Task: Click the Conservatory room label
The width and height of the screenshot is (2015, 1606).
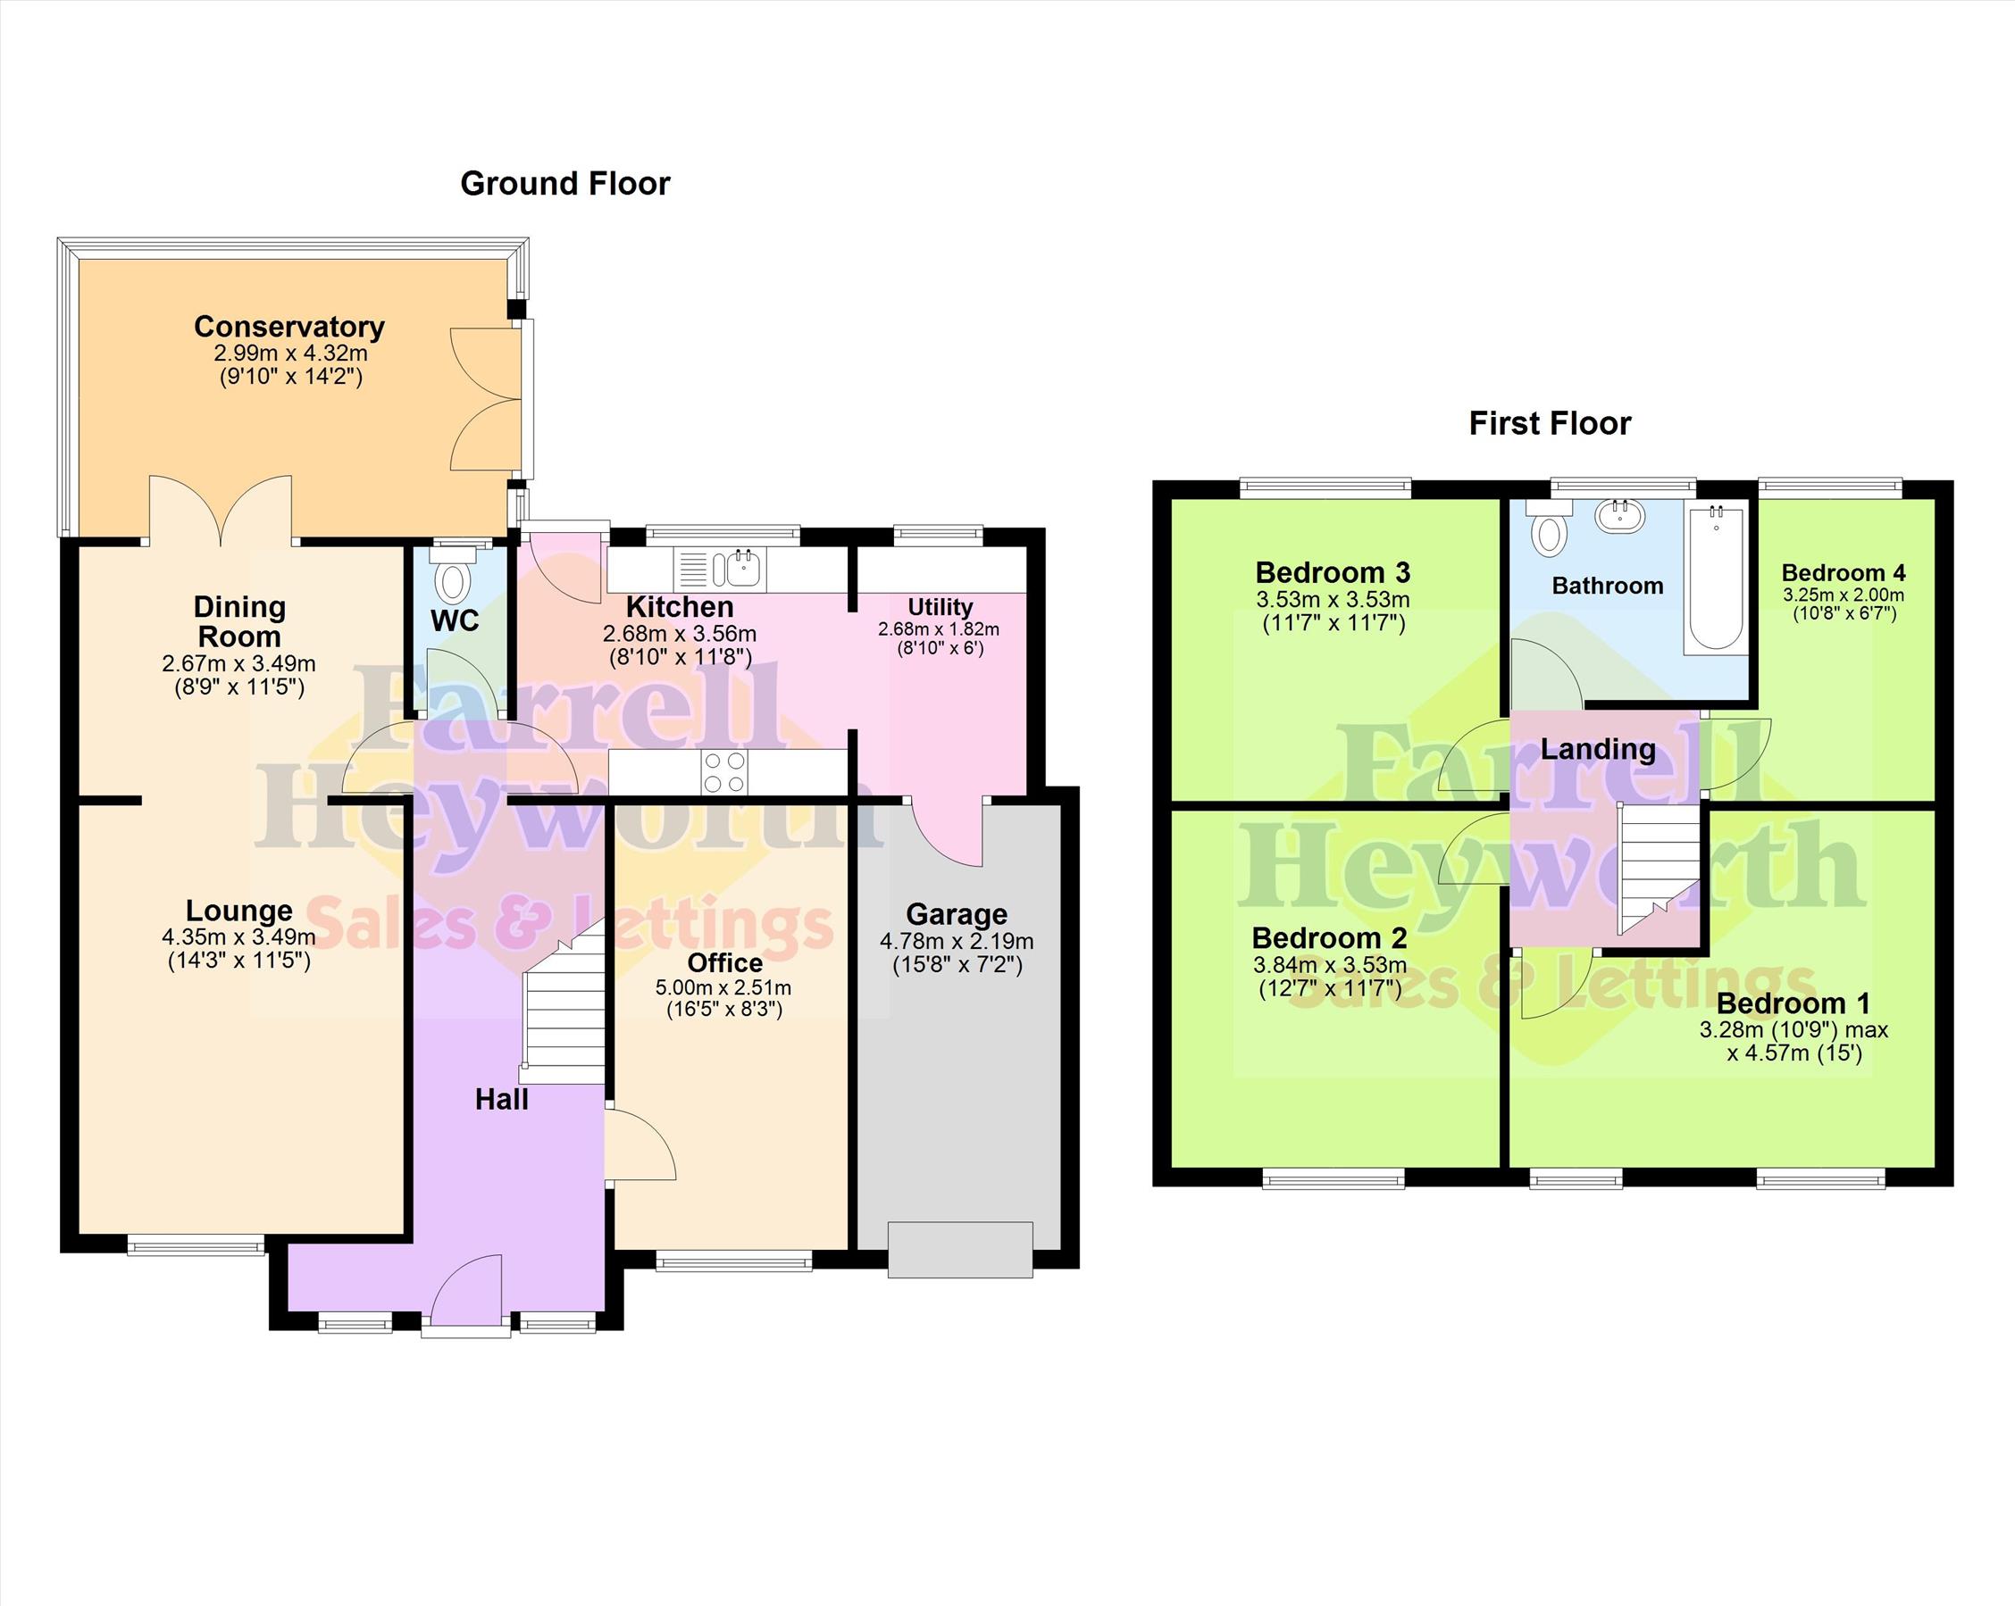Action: coord(288,327)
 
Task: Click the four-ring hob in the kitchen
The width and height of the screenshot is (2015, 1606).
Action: coord(724,772)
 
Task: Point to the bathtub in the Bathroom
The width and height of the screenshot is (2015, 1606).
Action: coord(1716,578)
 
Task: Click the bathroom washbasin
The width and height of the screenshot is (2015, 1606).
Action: coord(1620,515)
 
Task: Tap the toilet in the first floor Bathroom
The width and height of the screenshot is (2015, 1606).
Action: coord(1549,528)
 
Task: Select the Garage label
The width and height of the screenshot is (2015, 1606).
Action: coord(956,914)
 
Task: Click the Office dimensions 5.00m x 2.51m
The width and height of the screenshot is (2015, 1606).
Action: coord(723,987)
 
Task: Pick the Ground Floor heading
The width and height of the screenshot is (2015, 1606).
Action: coord(565,183)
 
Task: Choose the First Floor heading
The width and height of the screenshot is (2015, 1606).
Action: coord(1550,423)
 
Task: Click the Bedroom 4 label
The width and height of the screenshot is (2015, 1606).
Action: coord(1843,573)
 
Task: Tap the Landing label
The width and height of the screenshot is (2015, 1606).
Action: coord(1597,749)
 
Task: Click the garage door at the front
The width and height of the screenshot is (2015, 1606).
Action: coord(961,1249)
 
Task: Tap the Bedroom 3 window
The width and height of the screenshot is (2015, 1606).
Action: coord(1325,486)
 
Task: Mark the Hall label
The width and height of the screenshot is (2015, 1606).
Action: coord(501,1100)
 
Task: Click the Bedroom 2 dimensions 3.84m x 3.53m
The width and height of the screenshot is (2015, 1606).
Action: coord(1329,964)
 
